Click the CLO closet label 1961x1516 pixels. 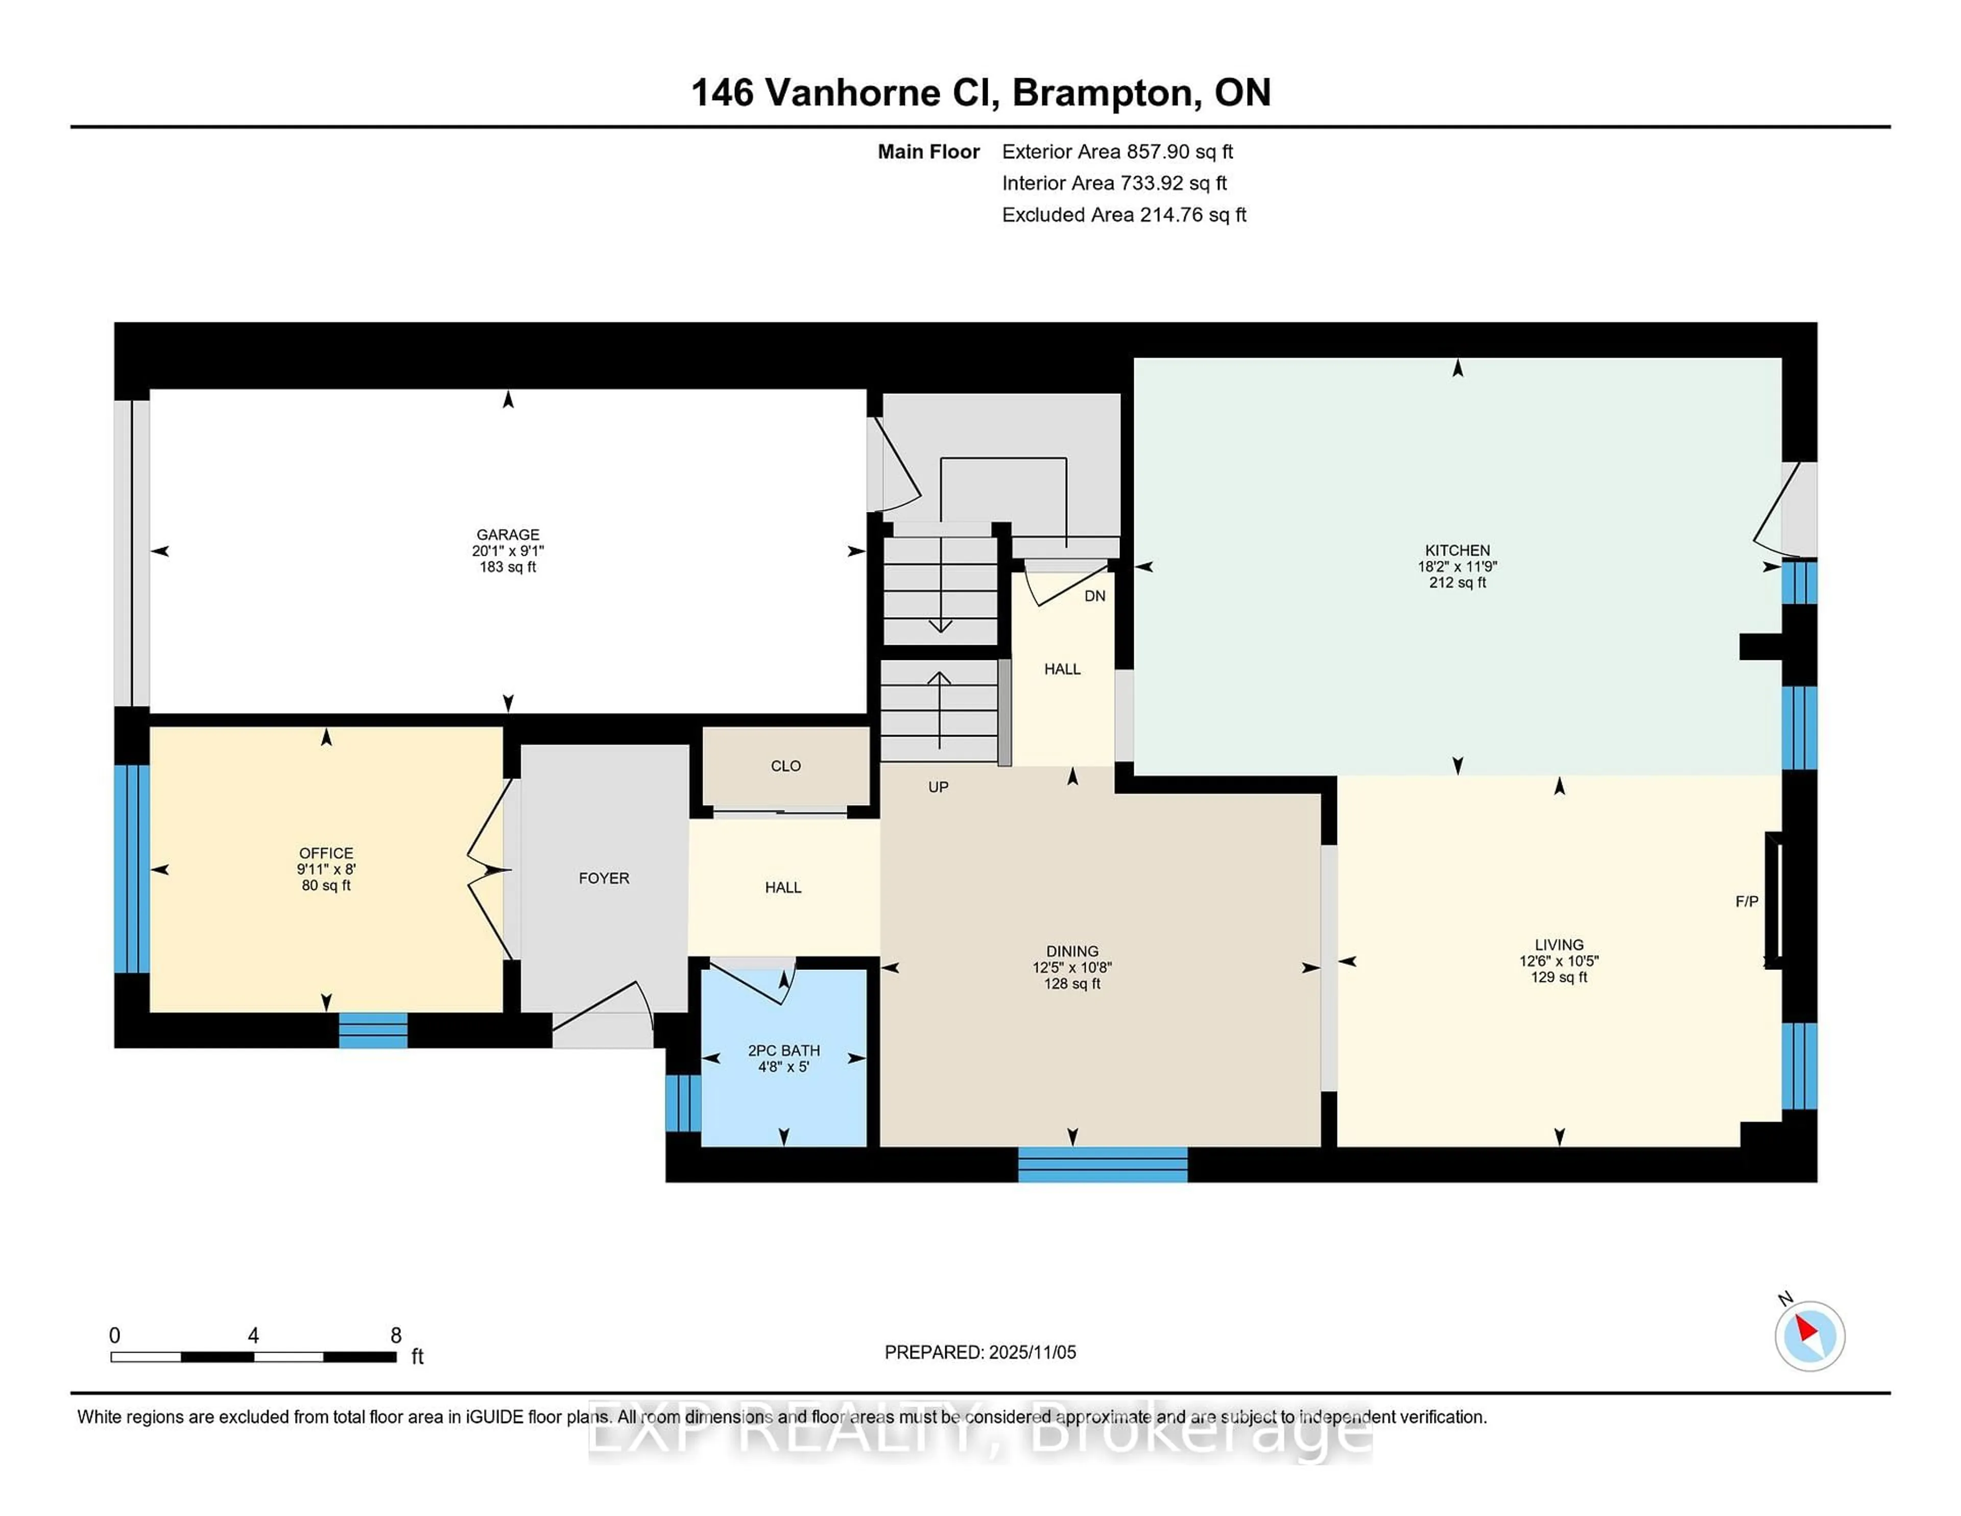pyautogui.click(x=785, y=766)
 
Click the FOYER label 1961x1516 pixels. pyautogui.click(x=604, y=879)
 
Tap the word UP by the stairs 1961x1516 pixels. pyautogui.click(x=938, y=788)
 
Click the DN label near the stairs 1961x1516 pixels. pyautogui.click(x=1094, y=597)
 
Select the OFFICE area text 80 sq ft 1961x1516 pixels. pyautogui.click(x=326, y=886)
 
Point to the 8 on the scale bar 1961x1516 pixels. pyautogui.click(x=395, y=1336)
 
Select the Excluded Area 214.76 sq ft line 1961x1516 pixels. pyautogui.click(x=1123, y=215)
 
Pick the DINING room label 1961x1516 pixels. pyautogui.click(x=1071, y=951)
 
